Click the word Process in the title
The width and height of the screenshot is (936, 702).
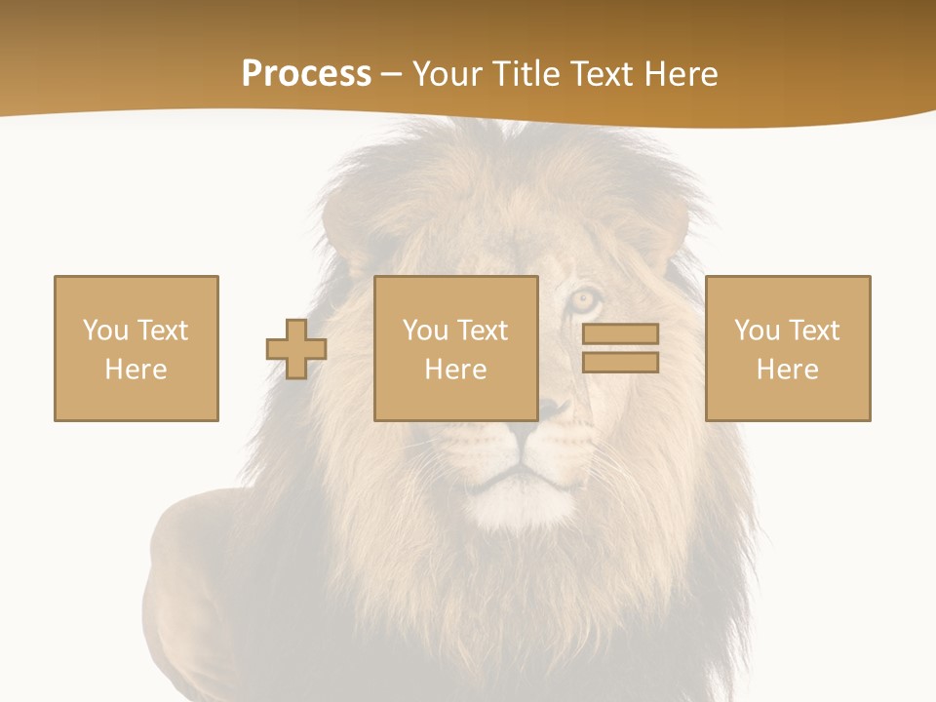click(x=306, y=74)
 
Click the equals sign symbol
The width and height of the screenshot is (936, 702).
click(x=620, y=348)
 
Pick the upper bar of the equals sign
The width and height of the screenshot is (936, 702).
click(x=620, y=334)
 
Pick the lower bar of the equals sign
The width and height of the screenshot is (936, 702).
click(x=620, y=362)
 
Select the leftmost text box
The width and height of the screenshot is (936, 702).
click(x=136, y=348)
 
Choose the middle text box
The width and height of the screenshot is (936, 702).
click(x=456, y=348)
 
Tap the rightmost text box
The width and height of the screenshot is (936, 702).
click(x=788, y=348)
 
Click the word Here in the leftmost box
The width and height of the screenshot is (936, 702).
click(x=136, y=370)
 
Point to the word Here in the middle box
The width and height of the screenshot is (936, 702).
click(x=456, y=370)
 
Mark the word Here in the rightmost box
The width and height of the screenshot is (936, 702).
click(x=788, y=370)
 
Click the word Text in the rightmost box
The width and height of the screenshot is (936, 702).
click(x=813, y=331)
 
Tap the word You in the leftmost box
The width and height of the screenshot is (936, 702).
click(x=106, y=331)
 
